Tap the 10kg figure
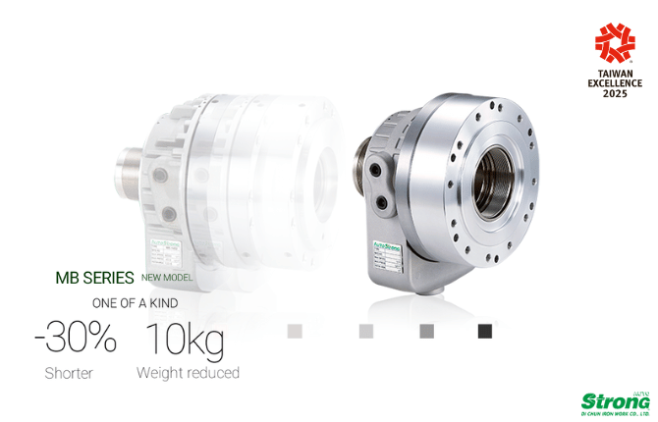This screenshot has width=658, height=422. pos(185,340)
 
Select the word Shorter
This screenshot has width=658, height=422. pos(69,373)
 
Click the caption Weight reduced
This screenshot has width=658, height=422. pos(188,373)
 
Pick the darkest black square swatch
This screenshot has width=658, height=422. pos(484,331)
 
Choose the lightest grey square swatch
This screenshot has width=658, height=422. pos(295,331)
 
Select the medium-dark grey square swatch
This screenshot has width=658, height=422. pos(426,331)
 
